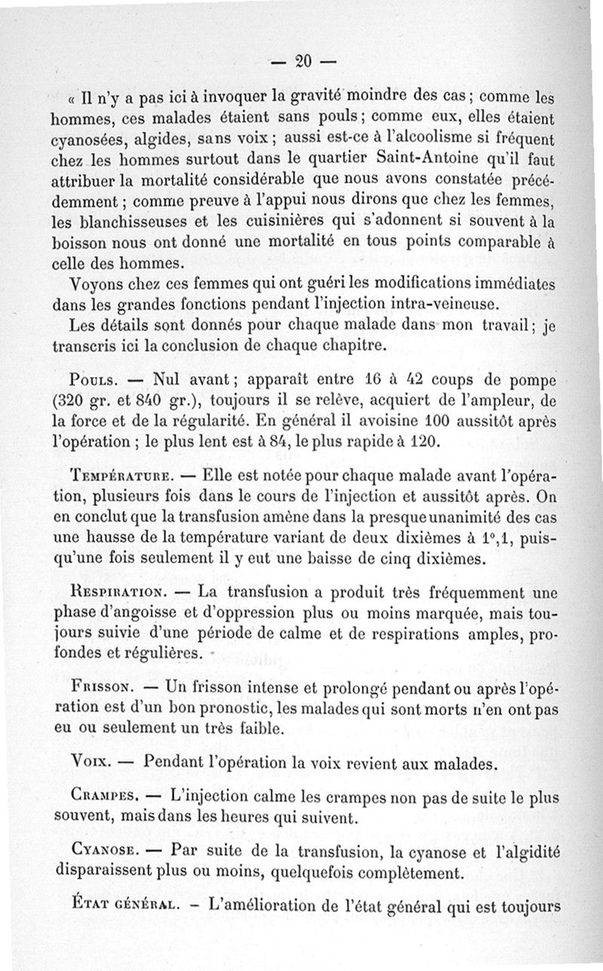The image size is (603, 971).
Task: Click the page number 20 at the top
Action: (305, 61)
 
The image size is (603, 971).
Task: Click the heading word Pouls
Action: (93, 379)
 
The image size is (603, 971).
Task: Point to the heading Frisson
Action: (101, 690)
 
